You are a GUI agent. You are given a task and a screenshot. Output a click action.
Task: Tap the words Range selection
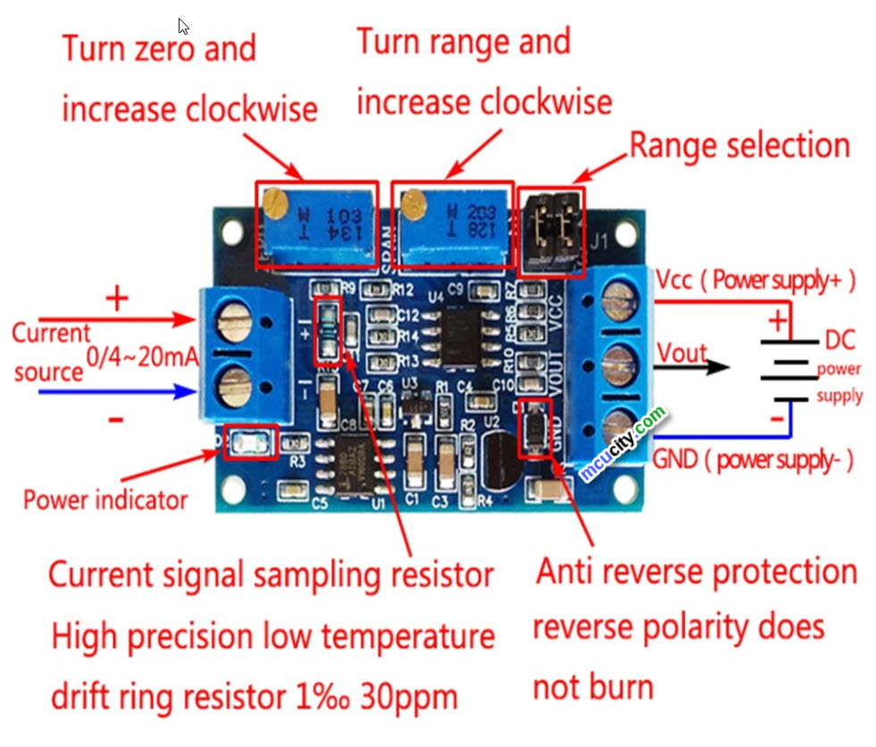click(739, 145)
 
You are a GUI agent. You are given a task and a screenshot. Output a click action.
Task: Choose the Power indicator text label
click(105, 499)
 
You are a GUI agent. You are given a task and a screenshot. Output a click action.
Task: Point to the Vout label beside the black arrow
click(682, 353)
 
